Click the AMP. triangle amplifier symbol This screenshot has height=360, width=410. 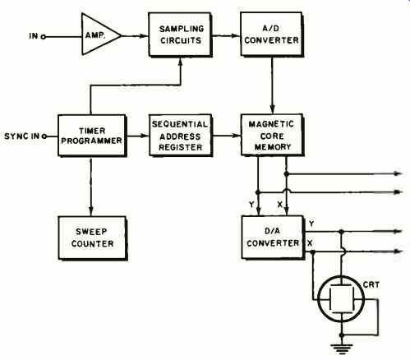[x=100, y=35]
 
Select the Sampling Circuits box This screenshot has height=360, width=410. [x=180, y=35]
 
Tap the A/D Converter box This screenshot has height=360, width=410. [x=272, y=35]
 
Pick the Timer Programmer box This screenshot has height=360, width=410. [x=92, y=136]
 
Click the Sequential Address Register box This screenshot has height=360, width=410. [x=181, y=136]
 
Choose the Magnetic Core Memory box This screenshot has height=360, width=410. [x=272, y=136]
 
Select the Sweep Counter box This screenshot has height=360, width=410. [x=93, y=238]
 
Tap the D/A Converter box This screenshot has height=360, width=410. [x=273, y=238]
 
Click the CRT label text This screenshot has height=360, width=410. [x=371, y=284]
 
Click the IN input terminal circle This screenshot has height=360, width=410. [x=43, y=37]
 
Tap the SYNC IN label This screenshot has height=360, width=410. [x=21, y=136]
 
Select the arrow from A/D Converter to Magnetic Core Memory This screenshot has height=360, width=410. [x=272, y=85]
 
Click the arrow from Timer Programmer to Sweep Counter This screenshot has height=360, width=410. [x=91, y=187]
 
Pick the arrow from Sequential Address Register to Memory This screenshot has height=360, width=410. [x=227, y=136]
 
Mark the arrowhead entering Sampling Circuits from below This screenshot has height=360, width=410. [x=180, y=62]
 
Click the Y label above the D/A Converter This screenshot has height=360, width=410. [x=251, y=204]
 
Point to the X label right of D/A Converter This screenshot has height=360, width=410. [x=310, y=243]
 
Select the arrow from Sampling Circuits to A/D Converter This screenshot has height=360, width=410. [x=227, y=35]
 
